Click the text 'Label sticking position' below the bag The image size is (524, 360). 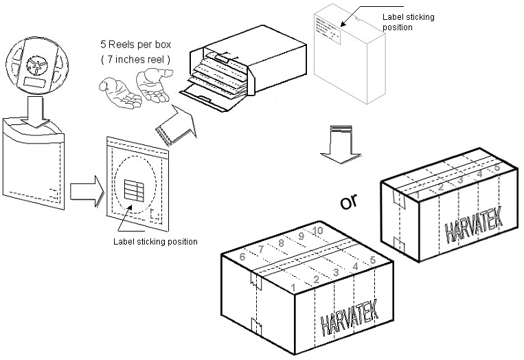[155, 241]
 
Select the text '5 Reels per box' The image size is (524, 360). [135, 45]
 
